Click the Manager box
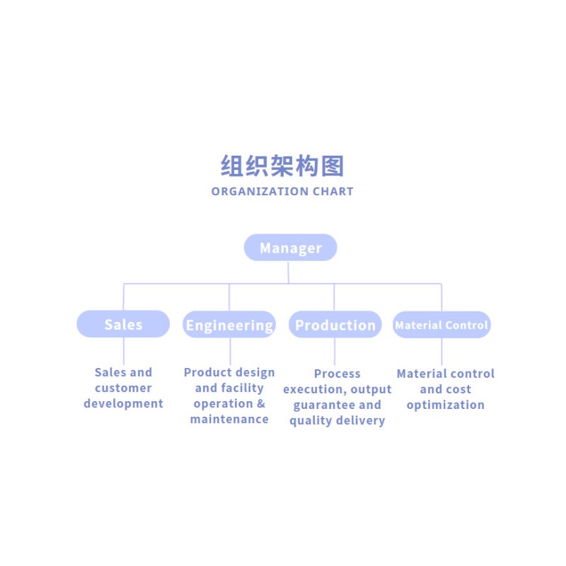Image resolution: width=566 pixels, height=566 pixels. coord(291,248)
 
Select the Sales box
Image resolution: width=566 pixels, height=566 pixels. coord(123,324)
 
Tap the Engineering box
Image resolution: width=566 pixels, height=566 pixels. coord(229,325)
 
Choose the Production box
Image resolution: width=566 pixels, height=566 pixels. coord(335,325)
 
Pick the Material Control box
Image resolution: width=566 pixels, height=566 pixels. coord(441,325)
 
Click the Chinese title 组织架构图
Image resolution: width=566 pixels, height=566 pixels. coord(282,166)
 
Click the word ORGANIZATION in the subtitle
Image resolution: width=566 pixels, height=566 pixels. coord(260,191)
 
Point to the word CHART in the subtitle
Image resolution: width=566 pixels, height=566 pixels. coord(333,191)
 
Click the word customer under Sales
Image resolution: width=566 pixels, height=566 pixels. coord(123,388)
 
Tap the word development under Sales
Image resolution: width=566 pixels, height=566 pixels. coord(123,403)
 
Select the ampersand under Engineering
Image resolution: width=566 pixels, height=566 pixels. coord(261,403)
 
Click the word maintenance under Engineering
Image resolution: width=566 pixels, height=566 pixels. coord(229,419)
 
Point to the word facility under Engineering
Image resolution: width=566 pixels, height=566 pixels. coord(242,388)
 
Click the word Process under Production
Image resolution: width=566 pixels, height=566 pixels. coord(337,374)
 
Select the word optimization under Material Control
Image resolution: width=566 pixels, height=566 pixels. coord(446,405)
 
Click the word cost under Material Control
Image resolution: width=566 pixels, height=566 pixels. coord(459,390)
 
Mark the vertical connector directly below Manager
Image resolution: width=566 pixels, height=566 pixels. coord(288,272)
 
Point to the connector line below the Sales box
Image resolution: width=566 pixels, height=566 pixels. coord(123,351)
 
